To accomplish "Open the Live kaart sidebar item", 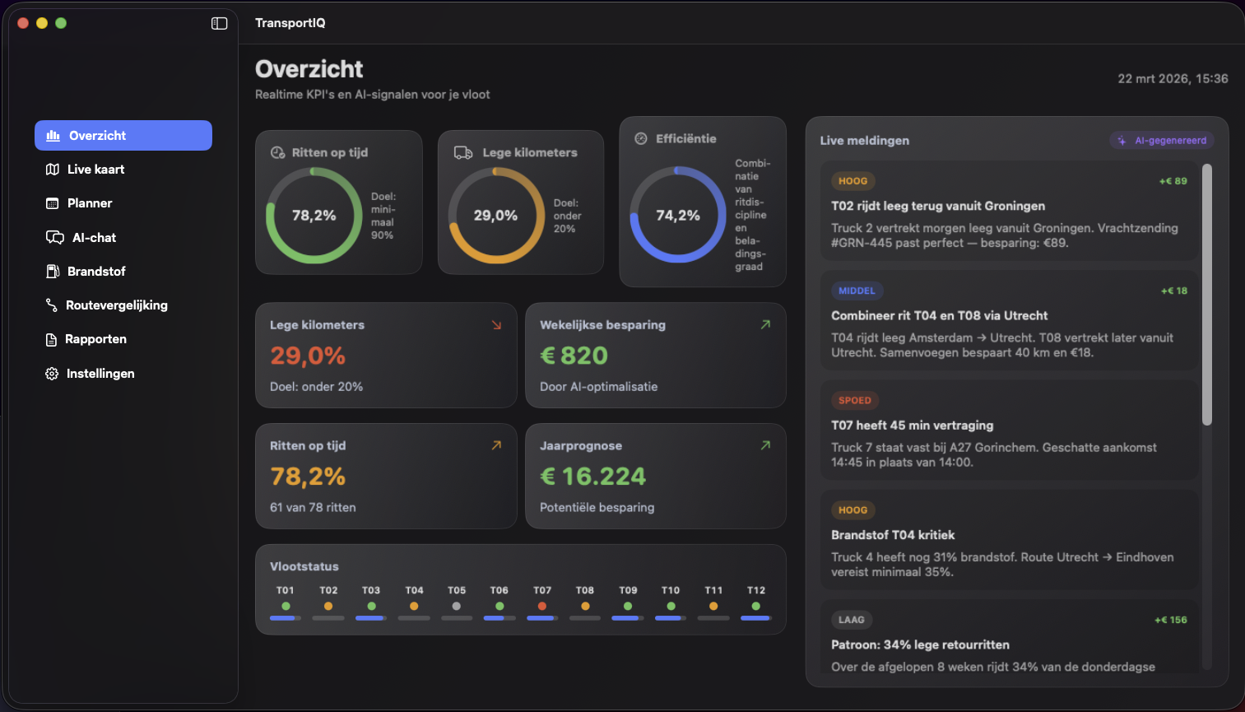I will [x=95, y=170].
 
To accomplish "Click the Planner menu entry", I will [x=89, y=203].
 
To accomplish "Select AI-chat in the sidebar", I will [x=93, y=238].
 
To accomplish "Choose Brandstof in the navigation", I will [x=95, y=272].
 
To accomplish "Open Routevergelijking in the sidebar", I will [x=116, y=305].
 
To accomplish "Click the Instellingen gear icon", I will [x=52, y=374].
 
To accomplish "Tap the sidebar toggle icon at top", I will [x=219, y=23].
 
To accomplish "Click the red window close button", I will [x=23, y=23].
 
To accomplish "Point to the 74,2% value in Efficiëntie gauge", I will [x=677, y=216].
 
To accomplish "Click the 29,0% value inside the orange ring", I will [x=495, y=216].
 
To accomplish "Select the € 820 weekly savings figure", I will [x=574, y=356].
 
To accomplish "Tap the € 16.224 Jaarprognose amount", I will [x=592, y=477].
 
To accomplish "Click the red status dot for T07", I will [x=541, y=607].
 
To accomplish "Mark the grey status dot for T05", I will [x=457, y=607].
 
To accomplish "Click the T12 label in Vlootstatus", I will [x=755, y=590].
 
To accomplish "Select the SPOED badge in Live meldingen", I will [x=854, y=401].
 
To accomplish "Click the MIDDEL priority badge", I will [x=857, y=291].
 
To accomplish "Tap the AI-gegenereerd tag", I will [x=1162, y=141].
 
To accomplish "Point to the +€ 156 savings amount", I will [x=1170, y=620].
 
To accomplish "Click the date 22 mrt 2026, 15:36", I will [x=1172, y=79].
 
